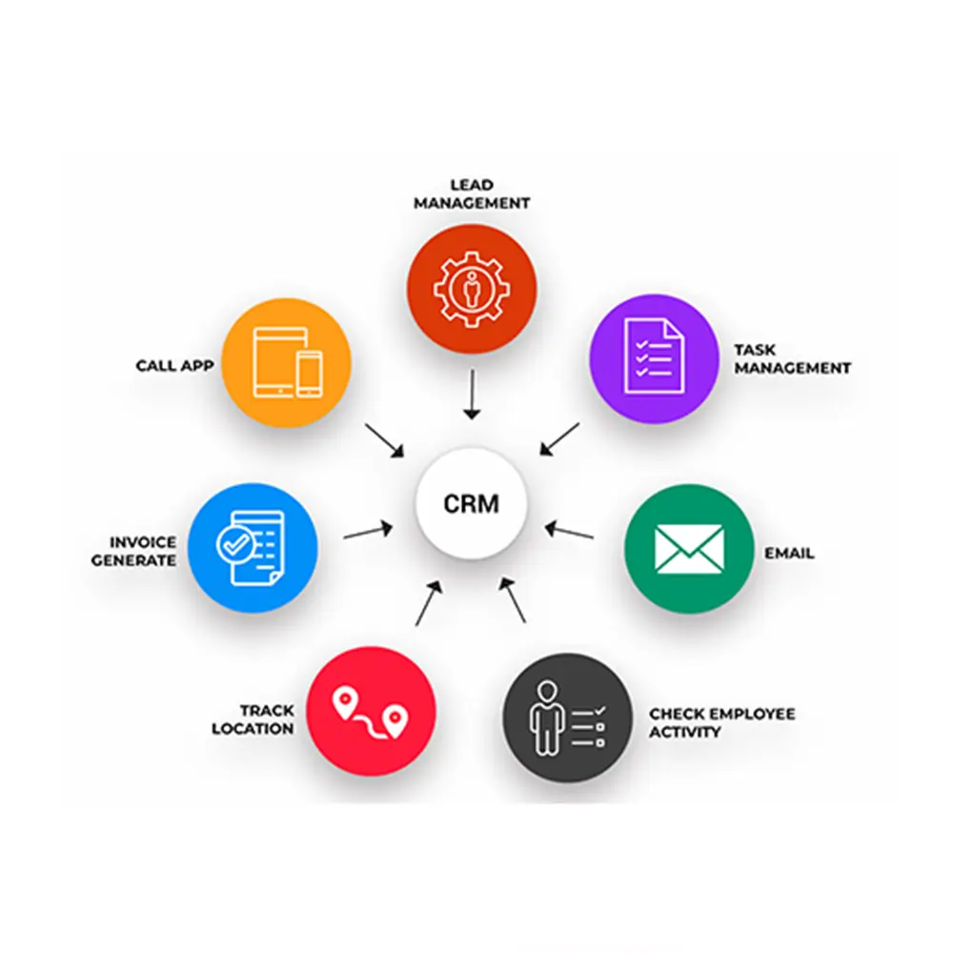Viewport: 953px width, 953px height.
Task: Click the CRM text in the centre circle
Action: click(x=471, y=503)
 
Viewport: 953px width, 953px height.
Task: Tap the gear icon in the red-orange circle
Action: click(x=471, y=287)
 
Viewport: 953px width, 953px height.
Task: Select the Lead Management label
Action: click(x=471, y=193)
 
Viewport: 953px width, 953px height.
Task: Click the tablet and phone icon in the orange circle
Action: click(x=287, y=362)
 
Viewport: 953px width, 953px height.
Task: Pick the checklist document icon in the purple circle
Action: click(x=654, y=355)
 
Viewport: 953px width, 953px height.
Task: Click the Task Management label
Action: click(x=791, y=358)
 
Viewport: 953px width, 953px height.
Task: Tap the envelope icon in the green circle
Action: click(x=689, y=550)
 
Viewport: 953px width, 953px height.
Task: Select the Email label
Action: click(x=789, y=553)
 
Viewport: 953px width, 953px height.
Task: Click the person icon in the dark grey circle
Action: click(x=546, y=717)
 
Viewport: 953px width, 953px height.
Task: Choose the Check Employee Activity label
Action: click(x=720, y=722)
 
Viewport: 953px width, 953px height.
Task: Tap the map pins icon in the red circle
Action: click(x=369, y=712)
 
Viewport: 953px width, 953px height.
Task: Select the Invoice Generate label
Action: click(x=134, y=551)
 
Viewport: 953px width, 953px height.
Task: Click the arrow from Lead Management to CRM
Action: click(x=471, y=395)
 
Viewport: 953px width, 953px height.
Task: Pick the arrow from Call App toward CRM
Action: click(x=386, y=439)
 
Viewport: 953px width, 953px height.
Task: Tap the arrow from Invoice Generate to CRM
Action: click(x=368, y=531)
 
